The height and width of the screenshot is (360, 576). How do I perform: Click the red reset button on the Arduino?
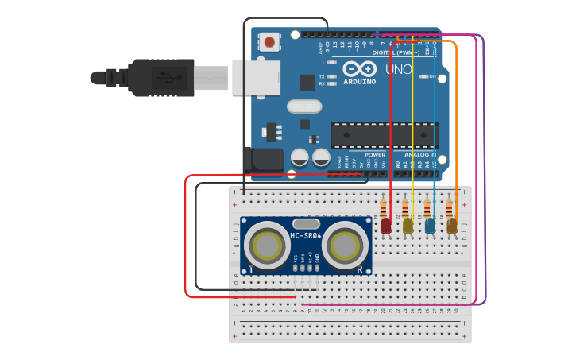270,42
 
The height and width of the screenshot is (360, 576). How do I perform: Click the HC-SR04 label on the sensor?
307,236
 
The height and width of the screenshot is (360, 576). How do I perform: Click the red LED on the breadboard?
386,226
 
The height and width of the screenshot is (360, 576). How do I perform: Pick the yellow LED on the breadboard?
408,226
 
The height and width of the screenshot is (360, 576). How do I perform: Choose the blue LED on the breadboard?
430,226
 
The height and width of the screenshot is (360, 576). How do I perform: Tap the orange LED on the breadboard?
452,226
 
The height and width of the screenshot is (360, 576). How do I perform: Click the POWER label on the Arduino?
375,154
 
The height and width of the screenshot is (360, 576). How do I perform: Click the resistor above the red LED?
385,208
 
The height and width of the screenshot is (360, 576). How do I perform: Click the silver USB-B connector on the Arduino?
256,77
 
